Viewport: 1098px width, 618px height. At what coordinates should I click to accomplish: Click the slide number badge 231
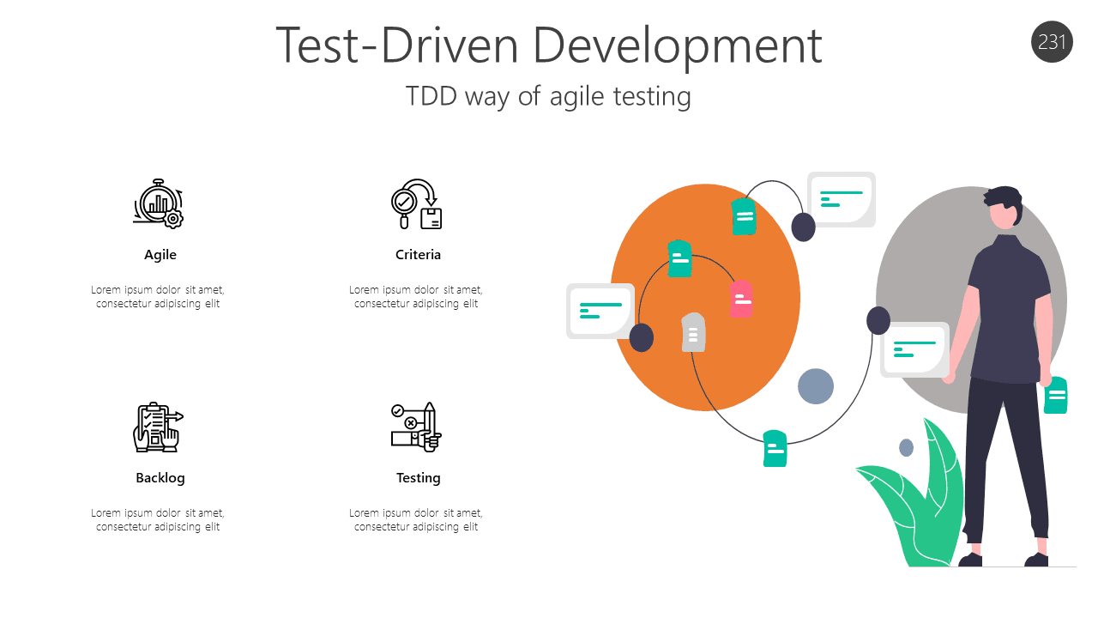(x=1052, y=42)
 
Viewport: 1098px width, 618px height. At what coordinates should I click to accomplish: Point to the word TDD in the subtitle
(x=431, y=95)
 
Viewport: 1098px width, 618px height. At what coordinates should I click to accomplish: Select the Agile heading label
(x=160, y=255)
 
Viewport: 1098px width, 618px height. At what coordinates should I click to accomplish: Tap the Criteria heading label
(x=418, y=255)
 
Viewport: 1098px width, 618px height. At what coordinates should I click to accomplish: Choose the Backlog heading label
(x=160, y=478)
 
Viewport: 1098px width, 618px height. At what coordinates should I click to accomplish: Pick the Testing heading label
(x=418, y=478)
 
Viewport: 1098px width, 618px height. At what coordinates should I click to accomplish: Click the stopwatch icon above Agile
(x=159, y=204)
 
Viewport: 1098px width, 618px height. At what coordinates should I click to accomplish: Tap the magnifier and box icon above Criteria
(x=417, y=204)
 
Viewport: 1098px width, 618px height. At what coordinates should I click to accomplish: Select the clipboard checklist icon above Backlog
(x=158, y=427)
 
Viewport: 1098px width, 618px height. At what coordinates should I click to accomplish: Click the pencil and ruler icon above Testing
(x=417, y=427)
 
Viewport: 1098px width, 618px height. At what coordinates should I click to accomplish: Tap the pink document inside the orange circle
(x=741, y=299)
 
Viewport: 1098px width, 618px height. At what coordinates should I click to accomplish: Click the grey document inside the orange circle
(x=693, y=332)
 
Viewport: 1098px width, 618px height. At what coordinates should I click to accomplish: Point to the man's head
(x=1004, y=209)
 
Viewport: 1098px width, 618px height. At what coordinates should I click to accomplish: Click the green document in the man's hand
(x=1056, y=396)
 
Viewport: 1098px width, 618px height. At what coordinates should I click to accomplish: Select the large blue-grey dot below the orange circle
(x=816, y=386)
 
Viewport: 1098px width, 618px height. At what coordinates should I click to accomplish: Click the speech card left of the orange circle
(x=600, y=311)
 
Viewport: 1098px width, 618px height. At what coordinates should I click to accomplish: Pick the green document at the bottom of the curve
(x=775, y=448)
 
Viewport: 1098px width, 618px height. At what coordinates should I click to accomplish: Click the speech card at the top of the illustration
(x=841, y=199)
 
